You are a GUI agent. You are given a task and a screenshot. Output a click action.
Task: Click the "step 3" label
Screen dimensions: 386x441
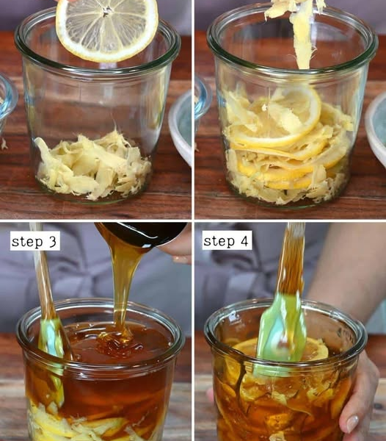click(35, 241)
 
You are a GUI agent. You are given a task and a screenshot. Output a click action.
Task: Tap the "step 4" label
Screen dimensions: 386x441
click(227, 241)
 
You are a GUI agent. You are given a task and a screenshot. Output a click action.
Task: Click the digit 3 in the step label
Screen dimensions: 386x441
click(53, 241)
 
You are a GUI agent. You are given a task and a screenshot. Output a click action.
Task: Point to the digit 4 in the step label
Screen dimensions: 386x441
click(244, 241)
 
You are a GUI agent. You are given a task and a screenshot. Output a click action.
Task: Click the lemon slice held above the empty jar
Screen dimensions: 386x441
click(106, 29)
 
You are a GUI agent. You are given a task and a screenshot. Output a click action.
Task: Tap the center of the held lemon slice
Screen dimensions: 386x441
click(106, 11)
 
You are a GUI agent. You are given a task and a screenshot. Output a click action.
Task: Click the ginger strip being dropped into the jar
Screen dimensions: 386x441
click(300, 31)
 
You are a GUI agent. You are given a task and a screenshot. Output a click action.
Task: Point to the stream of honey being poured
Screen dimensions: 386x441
click(122, 282)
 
